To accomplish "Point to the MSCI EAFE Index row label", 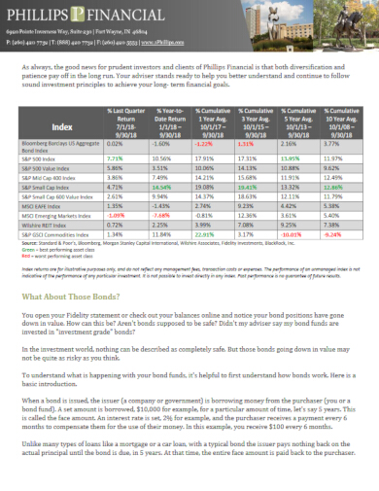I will (41, 206).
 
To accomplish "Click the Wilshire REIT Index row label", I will (44, 223).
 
